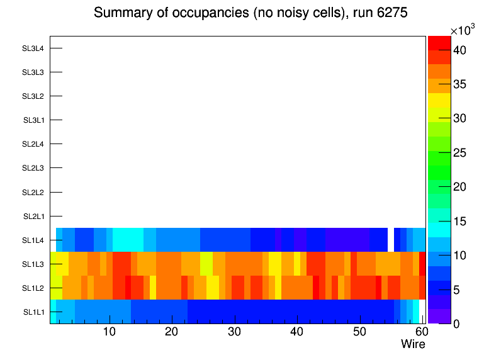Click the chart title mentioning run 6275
[250, 13]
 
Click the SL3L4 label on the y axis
[33, 48]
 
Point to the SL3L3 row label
[33, 72]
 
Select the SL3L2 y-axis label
[33, 96]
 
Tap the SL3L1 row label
[33, 120]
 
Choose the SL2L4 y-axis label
[33, 144]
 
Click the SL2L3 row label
[33, 168]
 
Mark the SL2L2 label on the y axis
[33, 192]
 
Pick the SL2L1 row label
[33, 217]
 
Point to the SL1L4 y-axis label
[33, 240]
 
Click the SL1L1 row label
[33, 312]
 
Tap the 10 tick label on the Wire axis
[109, 332]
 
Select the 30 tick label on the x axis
[234, 332]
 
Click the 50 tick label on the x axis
[359, 332]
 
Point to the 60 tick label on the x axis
[420, 332]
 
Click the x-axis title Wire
[413, 344]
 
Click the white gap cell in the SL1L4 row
[390, 240]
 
